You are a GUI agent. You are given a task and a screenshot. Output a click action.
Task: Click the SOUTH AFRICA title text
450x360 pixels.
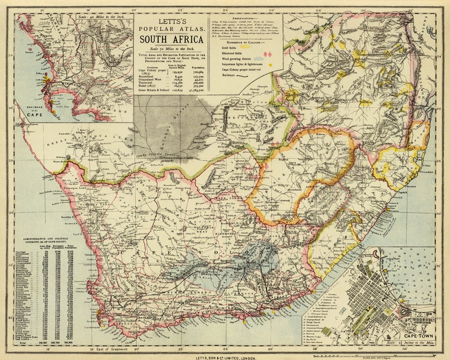click(171, 39)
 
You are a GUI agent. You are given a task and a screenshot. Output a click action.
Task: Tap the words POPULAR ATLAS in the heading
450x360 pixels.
click(171, 28)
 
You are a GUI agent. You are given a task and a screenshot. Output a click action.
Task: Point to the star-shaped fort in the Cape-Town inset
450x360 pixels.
click(406, 310)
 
